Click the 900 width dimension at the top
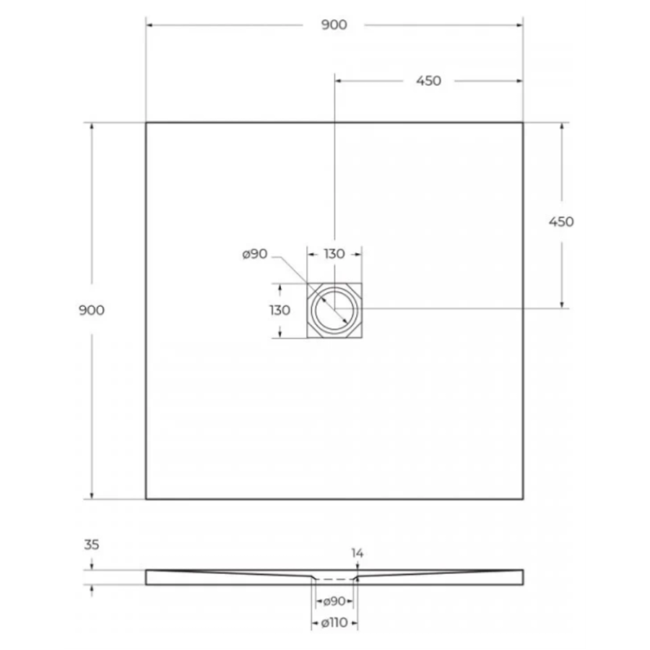point(334,25)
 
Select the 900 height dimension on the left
point(92,310)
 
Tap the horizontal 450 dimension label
point(428,81)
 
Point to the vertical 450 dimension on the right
point(561,222)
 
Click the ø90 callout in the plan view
point(255,253)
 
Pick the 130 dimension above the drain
point(334,253)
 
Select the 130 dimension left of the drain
point(279,310)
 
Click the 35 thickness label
point(92,545)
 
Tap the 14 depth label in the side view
point(357,553)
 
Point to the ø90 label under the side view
point(334,601)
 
